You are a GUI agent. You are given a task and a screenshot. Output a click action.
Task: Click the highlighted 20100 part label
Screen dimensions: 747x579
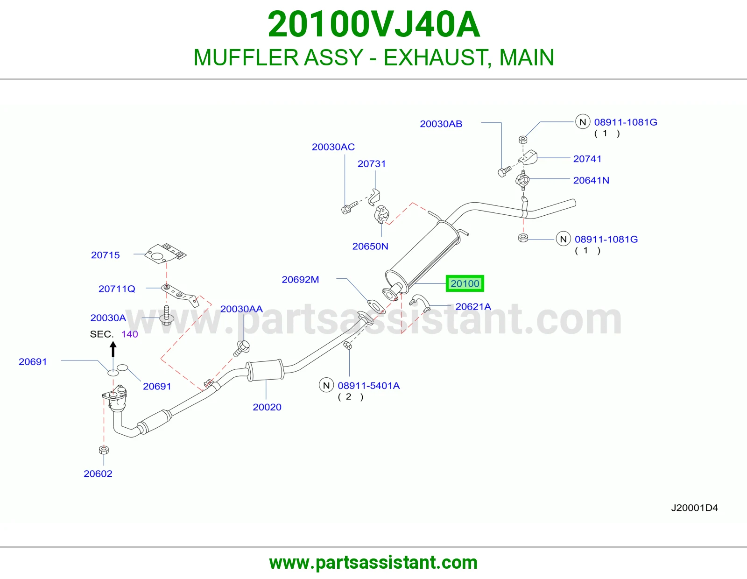coord(465,283)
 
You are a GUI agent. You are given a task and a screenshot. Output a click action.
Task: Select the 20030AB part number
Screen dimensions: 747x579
coord(441,124)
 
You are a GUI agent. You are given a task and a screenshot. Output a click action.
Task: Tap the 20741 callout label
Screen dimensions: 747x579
coord(587,159)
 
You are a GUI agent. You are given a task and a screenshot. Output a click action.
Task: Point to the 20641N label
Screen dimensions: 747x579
coord(591,180)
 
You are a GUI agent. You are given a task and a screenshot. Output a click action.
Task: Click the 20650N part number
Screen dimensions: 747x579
coord(370,246)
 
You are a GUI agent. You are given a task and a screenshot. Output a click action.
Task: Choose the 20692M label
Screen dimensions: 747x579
coord(301,280)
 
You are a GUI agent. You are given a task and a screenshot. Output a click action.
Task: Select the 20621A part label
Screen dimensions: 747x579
coord(473,306)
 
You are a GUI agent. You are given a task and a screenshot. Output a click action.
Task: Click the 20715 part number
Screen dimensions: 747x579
coord(105,255)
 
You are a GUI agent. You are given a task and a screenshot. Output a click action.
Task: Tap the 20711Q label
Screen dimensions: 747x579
coord(117,289)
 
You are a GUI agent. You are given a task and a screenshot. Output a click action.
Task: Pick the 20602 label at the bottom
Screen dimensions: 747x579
coord(98,474)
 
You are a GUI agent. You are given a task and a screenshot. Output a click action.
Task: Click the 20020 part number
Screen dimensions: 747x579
coord(267,407)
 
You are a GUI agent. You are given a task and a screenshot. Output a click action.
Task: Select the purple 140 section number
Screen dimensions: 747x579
coord(130,334)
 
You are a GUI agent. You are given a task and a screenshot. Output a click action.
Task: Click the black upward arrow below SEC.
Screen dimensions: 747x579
coord(113,349)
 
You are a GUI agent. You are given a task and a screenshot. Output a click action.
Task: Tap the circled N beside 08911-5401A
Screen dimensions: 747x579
coord(326,385)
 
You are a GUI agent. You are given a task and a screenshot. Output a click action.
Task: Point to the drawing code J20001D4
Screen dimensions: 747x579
coord(694,508)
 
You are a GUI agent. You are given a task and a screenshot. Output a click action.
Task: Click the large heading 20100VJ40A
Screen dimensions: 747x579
coord(373,24)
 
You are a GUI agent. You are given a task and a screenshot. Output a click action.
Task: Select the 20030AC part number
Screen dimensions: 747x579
coord(333,147)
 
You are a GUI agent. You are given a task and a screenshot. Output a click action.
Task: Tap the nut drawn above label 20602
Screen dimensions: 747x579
coord(104,450)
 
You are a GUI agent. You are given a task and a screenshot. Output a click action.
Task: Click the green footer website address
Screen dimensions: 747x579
coord(373,563)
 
